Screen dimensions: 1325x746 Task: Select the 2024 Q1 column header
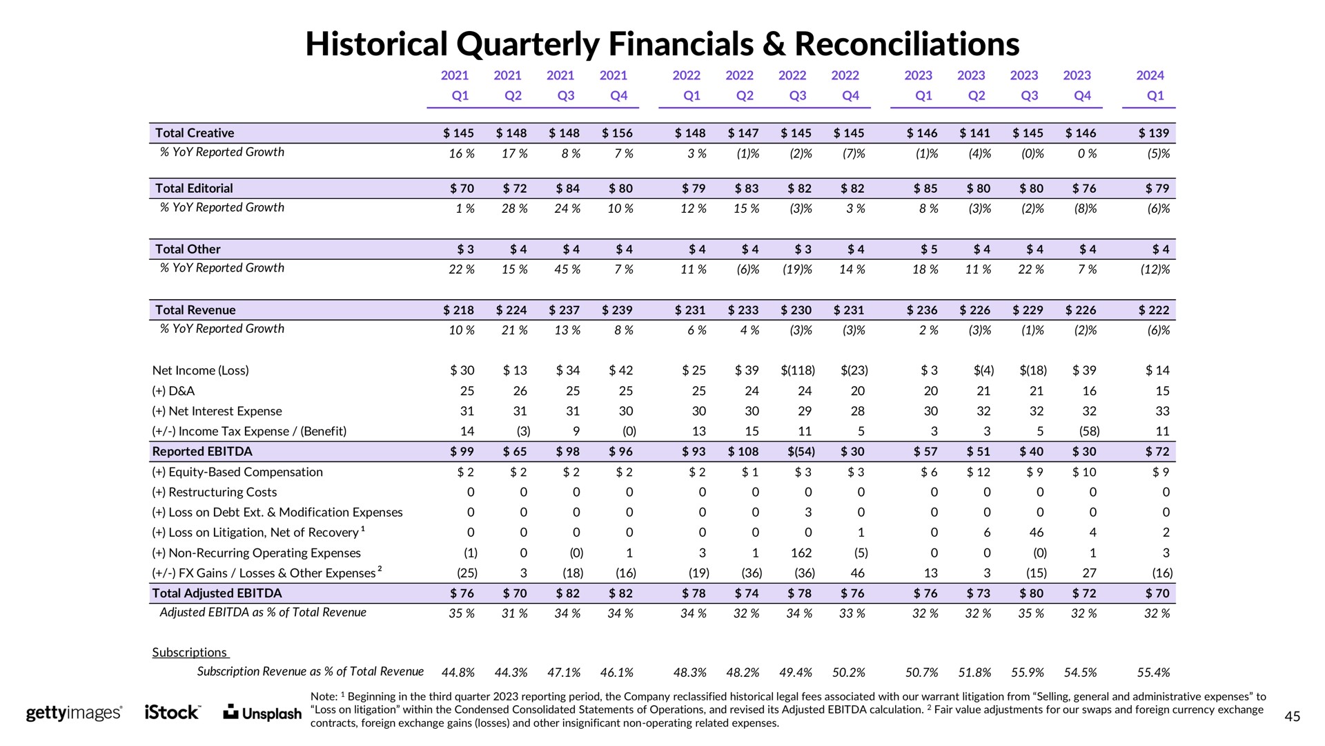tap(1150, 85)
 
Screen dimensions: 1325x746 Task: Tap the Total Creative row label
tap(195, 133)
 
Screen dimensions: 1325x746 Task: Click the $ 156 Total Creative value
tap(617, 133)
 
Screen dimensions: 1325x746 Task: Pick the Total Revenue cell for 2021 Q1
tap(458, 310)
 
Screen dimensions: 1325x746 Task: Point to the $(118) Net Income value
tap(796, 370)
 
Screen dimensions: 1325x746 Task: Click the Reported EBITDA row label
tap(202, 451)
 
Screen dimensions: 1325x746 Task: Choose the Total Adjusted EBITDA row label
tap(217, 593)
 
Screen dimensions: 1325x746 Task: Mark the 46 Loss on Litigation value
tap(1036, 533)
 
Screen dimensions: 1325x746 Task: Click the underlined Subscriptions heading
tap(190, 652)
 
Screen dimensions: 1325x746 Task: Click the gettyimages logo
tap(75, 713)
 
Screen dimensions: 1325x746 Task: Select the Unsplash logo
tap(264, 713)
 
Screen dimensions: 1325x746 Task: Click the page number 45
tap(1293, 717)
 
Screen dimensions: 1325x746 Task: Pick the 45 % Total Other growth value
tap(567, 269)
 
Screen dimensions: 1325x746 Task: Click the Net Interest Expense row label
tap(217, 411)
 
